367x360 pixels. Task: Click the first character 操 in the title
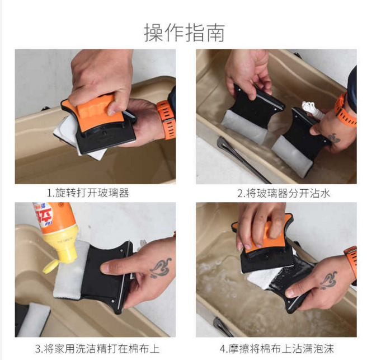pyautogui.click(x=153, y=32)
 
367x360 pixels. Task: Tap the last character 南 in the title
pyautogui.click(x=215, y=32)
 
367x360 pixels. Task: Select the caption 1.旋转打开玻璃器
pyautogui.click(x=88, y=193)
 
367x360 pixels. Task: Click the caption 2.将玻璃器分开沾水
pyautogui.click(x=284, y=194)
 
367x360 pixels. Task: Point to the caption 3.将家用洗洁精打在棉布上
pyautogui.click(x=97, y=349)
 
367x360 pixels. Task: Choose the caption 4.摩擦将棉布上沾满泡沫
pyautogui.click(x=277, y=349)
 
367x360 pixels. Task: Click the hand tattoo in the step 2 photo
pyautogui.click(x=333, y=138)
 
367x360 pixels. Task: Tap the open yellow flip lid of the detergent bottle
pyautogui.click(x=50, y=266)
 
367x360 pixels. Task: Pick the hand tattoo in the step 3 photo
pyautogui.click(x=161, y=268)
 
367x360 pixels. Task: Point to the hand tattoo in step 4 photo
pyautogui.click(x=329, y=280)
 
